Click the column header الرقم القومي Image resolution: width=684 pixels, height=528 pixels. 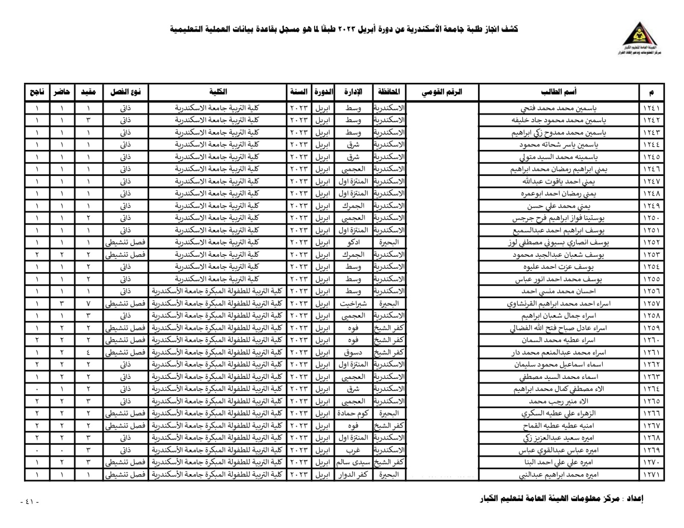click(442, 92)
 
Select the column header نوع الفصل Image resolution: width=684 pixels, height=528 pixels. click(125, 92)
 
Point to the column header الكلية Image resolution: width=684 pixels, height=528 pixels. click(218, 92)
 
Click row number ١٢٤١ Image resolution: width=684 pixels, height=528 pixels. click(652, 108)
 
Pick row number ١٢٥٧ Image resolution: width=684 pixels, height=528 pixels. click(652, 304)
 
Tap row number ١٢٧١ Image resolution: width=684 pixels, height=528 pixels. click(652, 475)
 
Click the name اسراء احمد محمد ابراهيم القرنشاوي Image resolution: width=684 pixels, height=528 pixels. click(559, 304)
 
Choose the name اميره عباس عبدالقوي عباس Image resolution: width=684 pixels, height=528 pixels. click(559, 450)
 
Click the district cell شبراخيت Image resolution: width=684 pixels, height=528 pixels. click(353, 304)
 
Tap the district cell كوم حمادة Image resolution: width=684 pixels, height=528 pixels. click(353, 414)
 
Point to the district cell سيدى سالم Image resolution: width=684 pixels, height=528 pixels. click(353, 462)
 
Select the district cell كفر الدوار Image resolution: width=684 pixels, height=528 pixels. click(353, 475)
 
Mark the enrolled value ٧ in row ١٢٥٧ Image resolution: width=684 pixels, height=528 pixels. click(88, 304)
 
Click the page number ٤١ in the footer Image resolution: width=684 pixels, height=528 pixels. click(29, 502)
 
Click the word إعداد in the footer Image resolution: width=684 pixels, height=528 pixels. click(635, 499)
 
